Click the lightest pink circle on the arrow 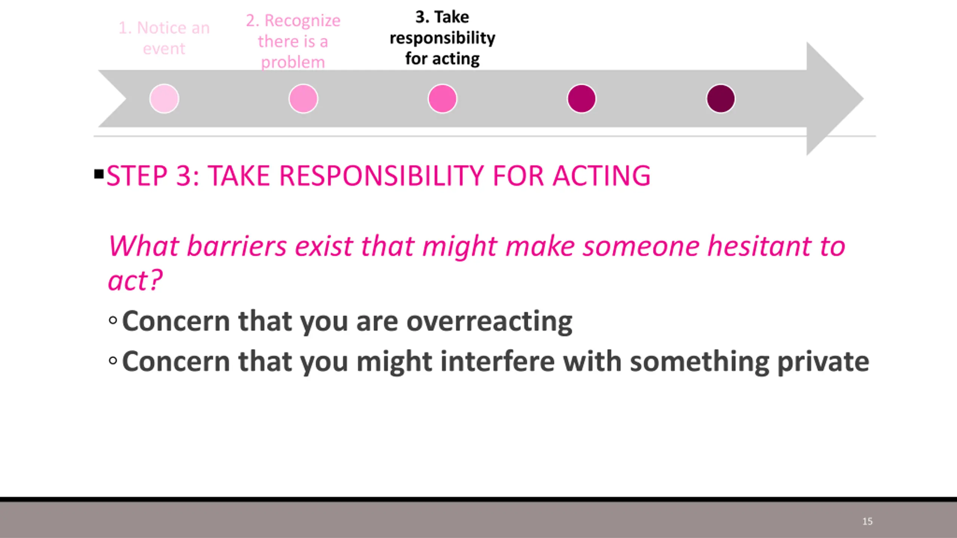(x=164, y=99)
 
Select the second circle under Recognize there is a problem (x=303, y=99)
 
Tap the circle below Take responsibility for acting (x=442, y=99)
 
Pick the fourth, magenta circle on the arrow (x=582, y=99)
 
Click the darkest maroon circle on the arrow (x=721, y=99)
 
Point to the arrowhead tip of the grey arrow (x=864, y=99)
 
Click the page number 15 (x=867, y=521)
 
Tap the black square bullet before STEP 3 (x=99, y=174)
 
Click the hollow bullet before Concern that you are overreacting (x=113, y=320)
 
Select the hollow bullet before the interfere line (x=113, y=361)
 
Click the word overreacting (x=489, y=322)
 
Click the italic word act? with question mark (x=135, y=280)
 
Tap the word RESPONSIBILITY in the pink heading (x=382, y=176)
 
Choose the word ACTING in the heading (x=602, y=176)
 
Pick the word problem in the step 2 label (x=293, y=62)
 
